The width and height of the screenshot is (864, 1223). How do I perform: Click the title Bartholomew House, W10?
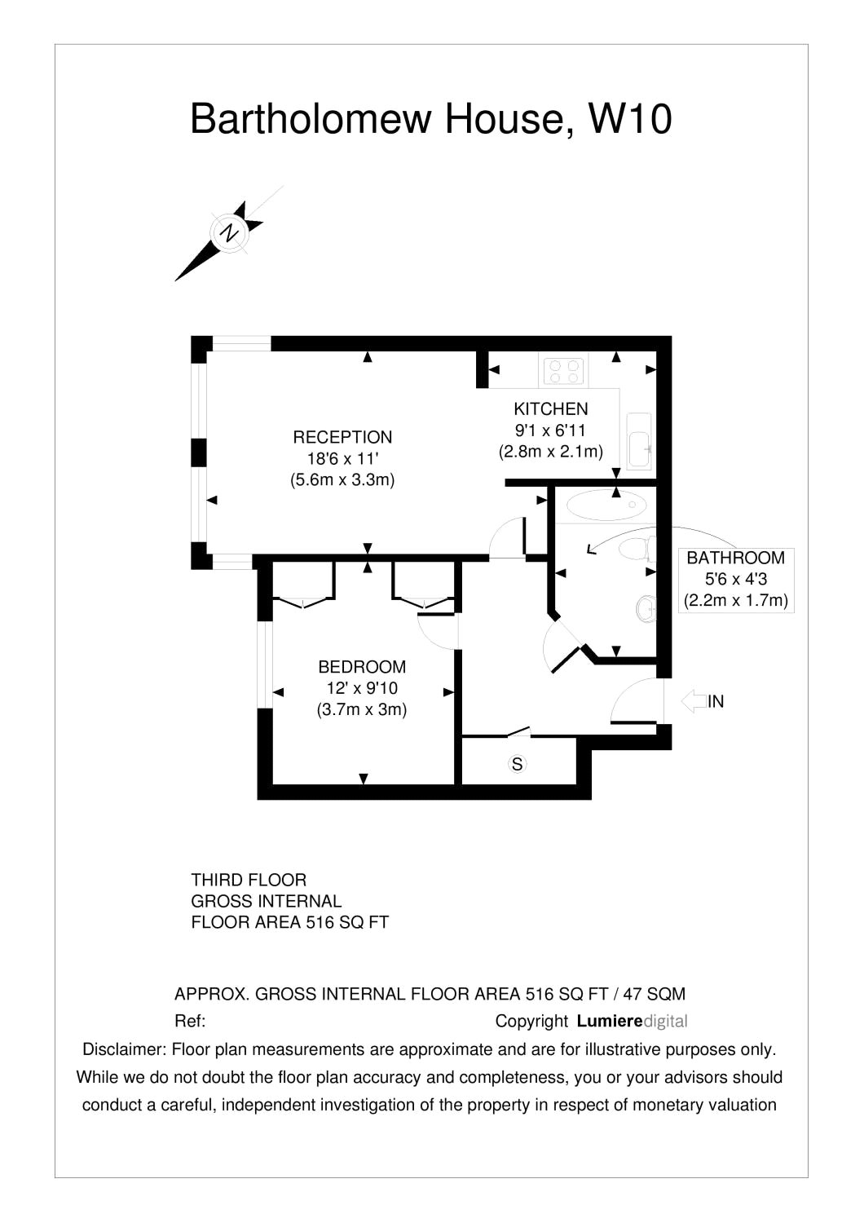coord(430,119)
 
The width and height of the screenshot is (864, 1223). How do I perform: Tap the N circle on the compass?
coord(230,232)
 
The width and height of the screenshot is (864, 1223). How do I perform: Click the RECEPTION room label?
coord(342,437)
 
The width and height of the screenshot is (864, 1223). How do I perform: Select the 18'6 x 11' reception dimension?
coord(342,458)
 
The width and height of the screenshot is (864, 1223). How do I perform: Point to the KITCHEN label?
coord(550,409)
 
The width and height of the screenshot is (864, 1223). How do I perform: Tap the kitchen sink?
coord(639,441)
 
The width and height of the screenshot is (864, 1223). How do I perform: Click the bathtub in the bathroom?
coord(605,506)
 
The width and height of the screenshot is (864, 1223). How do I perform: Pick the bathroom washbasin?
coord(646,607)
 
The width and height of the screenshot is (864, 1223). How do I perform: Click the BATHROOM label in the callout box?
coord(735,559)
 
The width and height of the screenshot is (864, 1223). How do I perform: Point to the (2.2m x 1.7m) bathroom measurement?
coord(735,601)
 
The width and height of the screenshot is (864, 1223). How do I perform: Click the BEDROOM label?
coord(362,667)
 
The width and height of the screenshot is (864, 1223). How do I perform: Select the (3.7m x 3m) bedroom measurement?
coord(362,709)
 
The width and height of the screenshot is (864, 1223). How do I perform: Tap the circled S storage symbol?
coord(517,764)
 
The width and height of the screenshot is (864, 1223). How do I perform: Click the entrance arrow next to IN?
coord(692,701)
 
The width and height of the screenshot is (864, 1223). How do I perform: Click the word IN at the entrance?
coord(716,701)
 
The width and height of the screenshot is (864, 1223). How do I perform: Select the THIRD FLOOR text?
coord(249,881)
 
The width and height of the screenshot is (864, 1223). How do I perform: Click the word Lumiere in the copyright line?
coord(609,1021)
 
